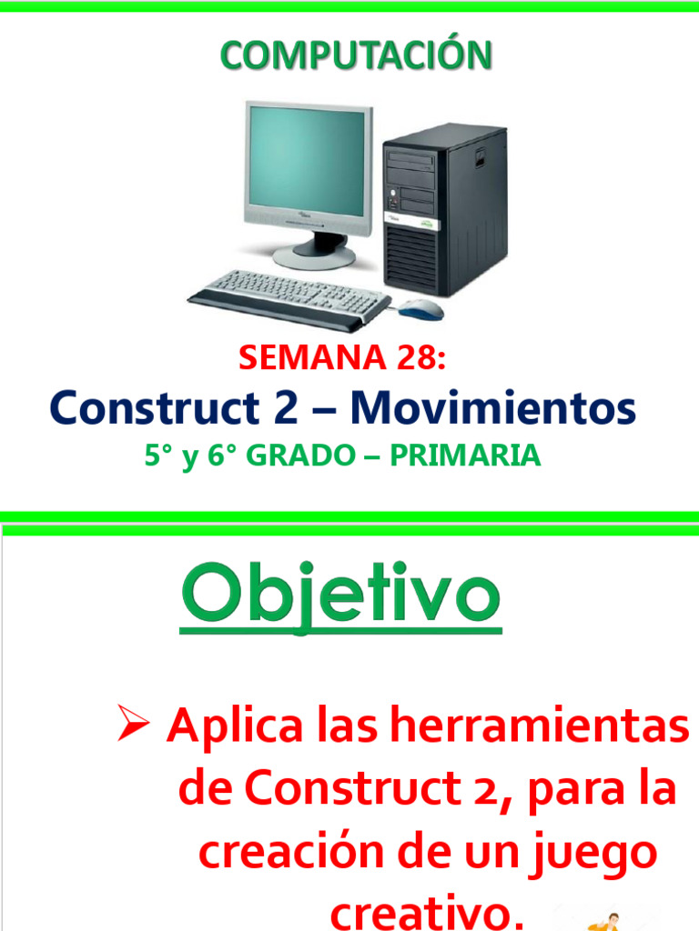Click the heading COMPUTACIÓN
tap(355, 56)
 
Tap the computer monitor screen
tap(309, 164)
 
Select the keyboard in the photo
tap(289, 296)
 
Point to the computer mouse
tap(420, 310)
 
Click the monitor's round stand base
tap(314, 255)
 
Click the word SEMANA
tap(299, 358)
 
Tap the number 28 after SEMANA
tap(416, 358)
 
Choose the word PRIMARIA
tap(465, 455)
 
